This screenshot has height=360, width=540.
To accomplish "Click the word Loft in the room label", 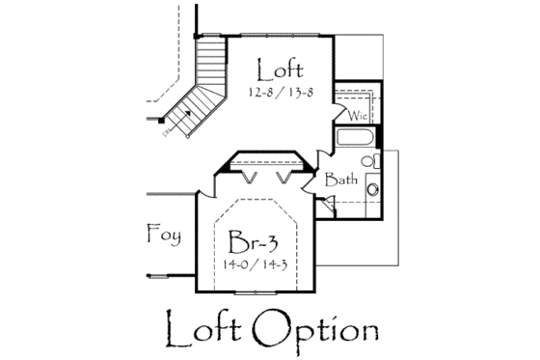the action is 281,69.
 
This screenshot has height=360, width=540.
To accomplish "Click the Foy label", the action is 164,232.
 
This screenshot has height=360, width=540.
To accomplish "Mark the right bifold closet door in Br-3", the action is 285,180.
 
